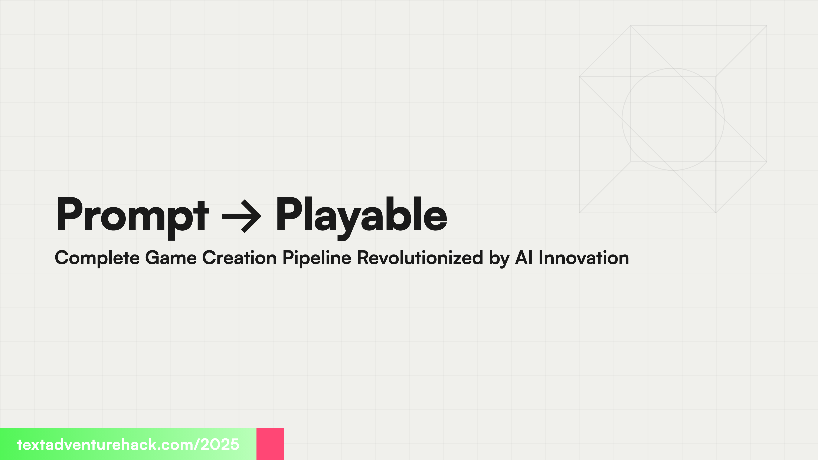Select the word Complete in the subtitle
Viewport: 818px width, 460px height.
click(x=97, y=258)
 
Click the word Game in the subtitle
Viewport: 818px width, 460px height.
click(x=171, y=257)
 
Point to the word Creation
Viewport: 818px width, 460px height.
click(x=239, y=257)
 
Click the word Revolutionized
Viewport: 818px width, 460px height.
click(x=420, y=257)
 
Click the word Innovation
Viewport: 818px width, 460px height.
click(x=584, y=257)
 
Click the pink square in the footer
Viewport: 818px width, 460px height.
click(x=270, y=443)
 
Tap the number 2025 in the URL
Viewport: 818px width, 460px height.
click(x=220, y=444)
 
